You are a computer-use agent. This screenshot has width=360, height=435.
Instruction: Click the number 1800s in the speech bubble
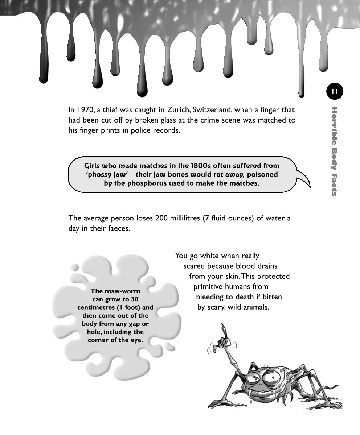(199, 166)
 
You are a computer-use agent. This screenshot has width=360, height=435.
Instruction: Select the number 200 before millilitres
(161, 218)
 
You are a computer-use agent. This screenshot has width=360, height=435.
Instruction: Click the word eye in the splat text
(136, 340)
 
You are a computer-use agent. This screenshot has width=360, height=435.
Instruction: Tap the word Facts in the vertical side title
(334, 183)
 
